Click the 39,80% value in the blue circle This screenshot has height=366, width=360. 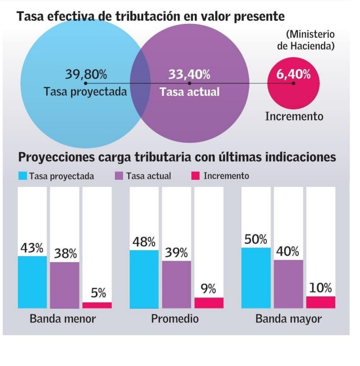(x=86, y=74)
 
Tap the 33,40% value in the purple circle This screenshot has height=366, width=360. (x=189, y=74)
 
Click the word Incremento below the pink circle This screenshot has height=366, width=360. (x=294, y=116)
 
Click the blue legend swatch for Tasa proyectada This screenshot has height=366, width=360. (x=22, y=176)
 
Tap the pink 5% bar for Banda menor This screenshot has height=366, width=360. (x=97, y=305)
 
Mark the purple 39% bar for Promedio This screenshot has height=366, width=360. (x=177, y=284)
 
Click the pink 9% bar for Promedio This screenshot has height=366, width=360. (x=209, y=302)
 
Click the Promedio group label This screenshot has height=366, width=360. (x=175, y=318)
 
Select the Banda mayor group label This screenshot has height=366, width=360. (x=288, y=318)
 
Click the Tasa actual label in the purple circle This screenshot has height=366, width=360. (x=189, y=92)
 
